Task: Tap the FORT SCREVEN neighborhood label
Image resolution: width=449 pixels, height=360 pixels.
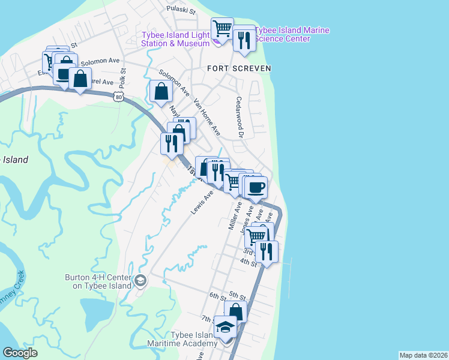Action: (x=239, y=68)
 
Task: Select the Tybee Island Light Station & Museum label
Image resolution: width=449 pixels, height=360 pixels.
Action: (x=175, y=38)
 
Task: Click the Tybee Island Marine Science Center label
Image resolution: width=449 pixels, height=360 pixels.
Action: (x=292, y=35)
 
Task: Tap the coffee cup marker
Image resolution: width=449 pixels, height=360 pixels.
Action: (x=256, y=187)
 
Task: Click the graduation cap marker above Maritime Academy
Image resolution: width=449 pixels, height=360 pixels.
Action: (x=226, y=327)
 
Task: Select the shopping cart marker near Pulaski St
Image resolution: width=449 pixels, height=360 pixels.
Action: (x=222, y=28)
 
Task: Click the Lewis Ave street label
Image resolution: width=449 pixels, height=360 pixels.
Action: (x=202, y=204)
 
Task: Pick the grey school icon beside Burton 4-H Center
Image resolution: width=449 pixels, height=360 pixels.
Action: (x=140, y=280)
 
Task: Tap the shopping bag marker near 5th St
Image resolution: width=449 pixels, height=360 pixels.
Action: (x=236, y=311)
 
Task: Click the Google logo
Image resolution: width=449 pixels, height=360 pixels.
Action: (x=20, y=353)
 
